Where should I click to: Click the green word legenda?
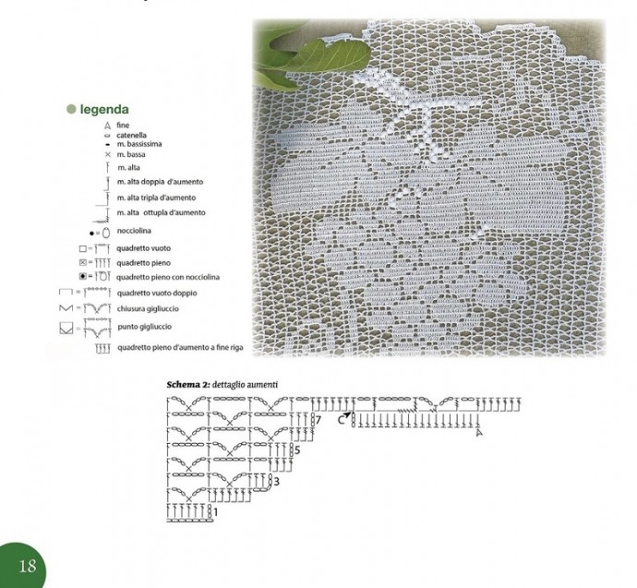tap(104, 109)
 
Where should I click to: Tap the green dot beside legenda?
tap(71, 109)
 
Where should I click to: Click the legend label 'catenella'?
tap(131, 135)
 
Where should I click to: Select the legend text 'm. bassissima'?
tap(139, 144)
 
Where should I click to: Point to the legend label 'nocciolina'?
tap(134, 231)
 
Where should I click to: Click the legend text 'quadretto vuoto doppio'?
tap(157, 293)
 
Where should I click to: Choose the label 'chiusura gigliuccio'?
tap(148, 308)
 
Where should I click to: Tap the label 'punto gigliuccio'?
tap(145, 327)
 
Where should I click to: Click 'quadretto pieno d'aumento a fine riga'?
tap(180, 348)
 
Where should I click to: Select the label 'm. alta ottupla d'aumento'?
tap(162, 212)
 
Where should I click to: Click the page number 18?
tap(27, 566)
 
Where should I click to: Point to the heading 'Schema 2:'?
tap(188, 385)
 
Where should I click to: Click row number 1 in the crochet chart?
tap(216, 512)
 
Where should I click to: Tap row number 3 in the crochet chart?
tap(277, 482)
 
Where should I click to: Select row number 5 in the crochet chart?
tap(297, 450)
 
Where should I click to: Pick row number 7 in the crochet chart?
tap(318, 419)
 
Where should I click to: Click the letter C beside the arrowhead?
tap(341, 420)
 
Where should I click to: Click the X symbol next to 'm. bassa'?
tap(108, 154)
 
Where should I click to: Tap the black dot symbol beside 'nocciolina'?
tap(91, 234)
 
